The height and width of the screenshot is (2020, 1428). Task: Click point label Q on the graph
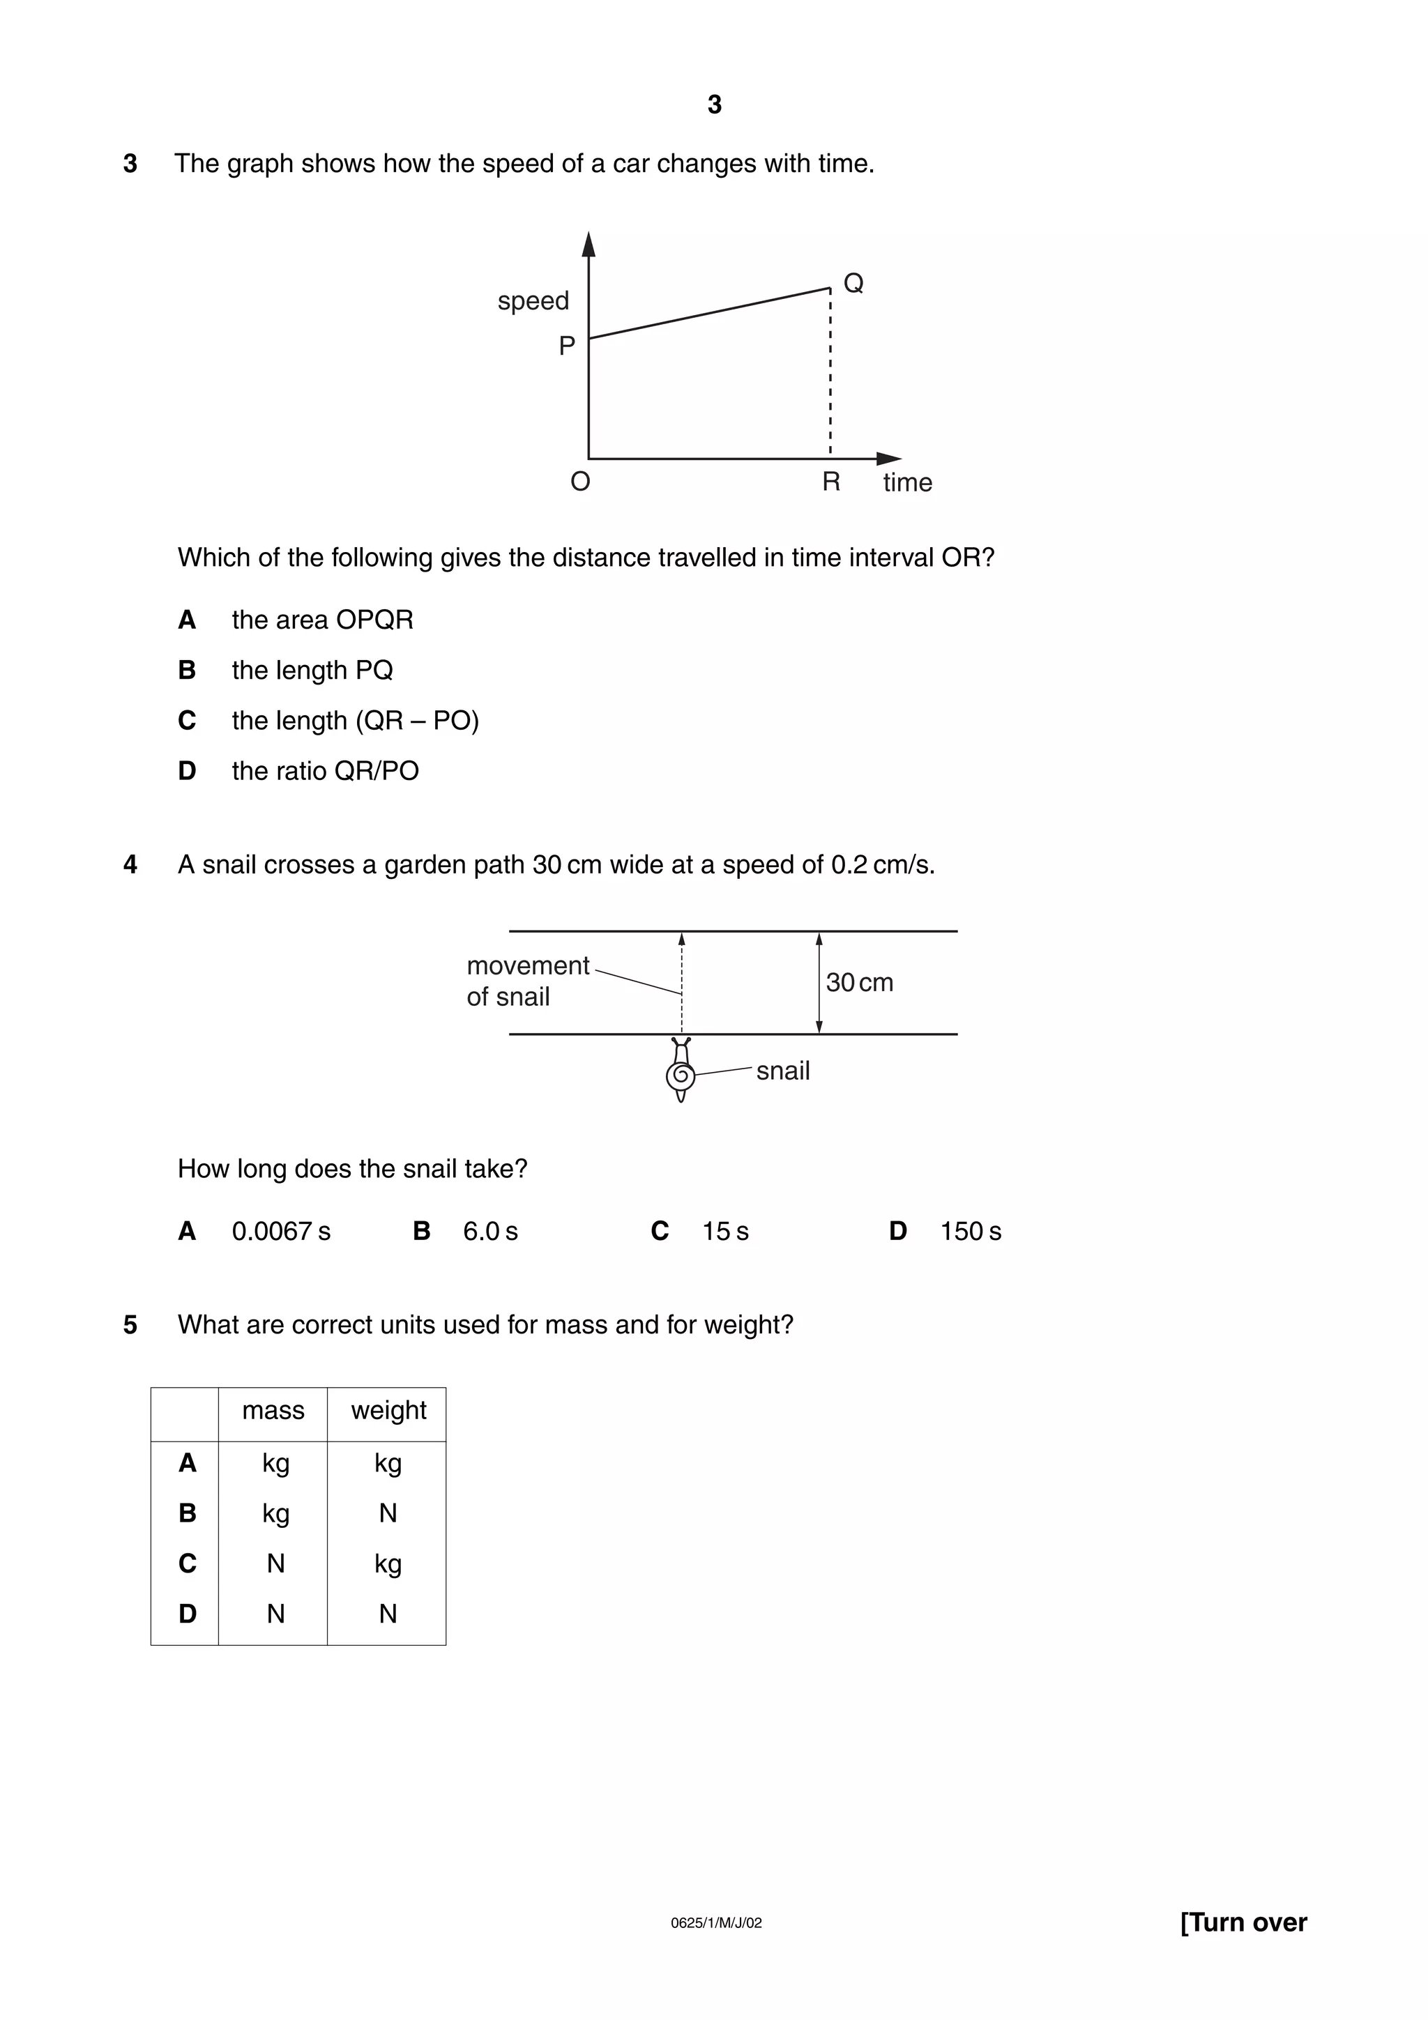click(x=853, y=283)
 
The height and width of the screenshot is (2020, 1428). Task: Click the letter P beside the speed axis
click(x=567, y=346)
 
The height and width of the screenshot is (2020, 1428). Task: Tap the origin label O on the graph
click(x=580, y=482)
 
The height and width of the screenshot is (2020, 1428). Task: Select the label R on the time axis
click(x=830, y=482)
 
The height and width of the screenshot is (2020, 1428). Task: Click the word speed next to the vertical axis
click(x=533, y=301)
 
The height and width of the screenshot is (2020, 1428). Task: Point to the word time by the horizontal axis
click(x=907, y=483)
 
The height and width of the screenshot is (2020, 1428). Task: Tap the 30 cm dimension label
click(x=859, y=983)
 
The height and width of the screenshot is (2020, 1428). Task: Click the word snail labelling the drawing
click(x=782, y=1071)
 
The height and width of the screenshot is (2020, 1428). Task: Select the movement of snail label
click(x=526, y=981)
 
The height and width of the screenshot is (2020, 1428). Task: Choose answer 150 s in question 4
click(x=970, y=1232)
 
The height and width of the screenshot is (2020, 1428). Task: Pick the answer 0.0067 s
click(x=281, y=1232)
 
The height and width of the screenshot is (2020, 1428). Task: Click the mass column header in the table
click(x=273, y=1410)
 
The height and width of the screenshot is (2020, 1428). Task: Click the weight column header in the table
click(x=388, y=1410)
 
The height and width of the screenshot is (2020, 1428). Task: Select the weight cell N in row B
click(x=388, y=1513)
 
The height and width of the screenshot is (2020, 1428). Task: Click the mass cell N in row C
click(x=275, y=1563)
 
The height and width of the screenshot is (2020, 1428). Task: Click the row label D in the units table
click(x=187, y=1614)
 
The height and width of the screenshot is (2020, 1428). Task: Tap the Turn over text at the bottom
click(x=1243, y=1922)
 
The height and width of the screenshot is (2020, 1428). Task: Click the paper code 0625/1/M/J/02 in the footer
click(x=715, y=1923)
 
